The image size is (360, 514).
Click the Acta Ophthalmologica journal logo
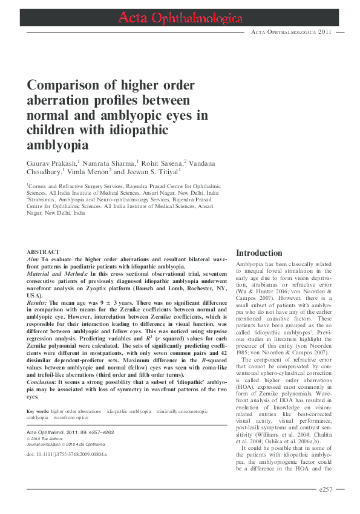(180, 19)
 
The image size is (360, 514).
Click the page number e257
(330, 489)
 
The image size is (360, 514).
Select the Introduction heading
(259, 253)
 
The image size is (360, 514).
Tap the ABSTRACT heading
(43, 252)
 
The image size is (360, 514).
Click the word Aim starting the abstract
(33, 259)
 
